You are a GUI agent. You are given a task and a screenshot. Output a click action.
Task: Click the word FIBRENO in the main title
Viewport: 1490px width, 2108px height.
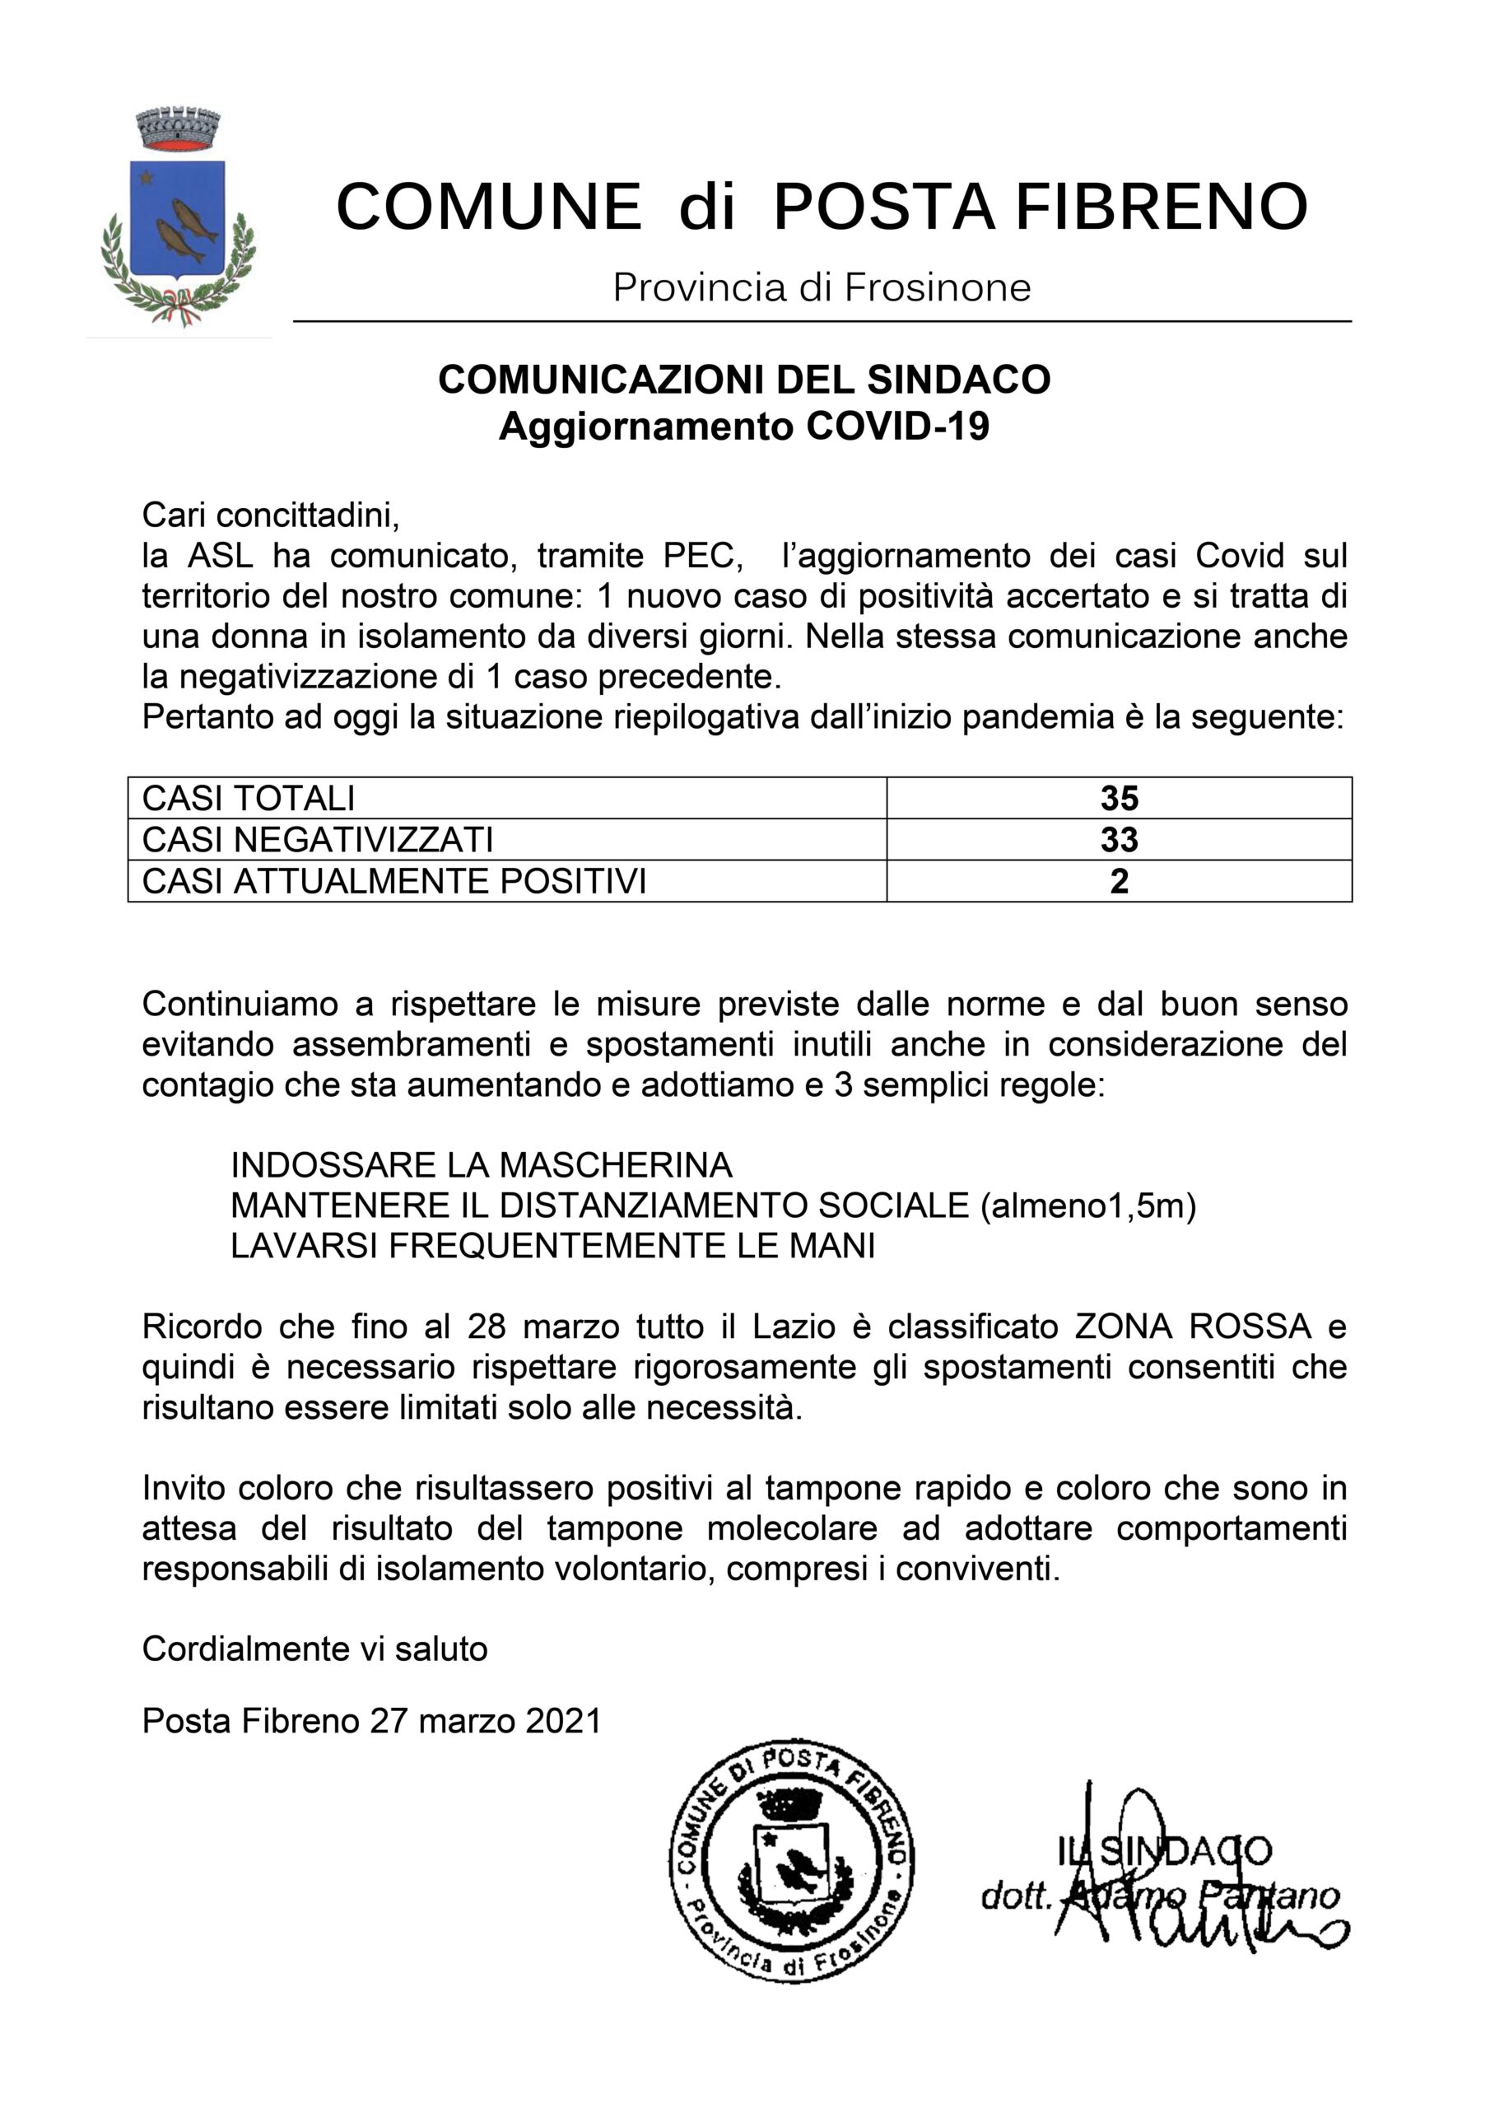1162,207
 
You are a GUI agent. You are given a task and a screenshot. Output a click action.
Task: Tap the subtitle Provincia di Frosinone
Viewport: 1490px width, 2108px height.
822,287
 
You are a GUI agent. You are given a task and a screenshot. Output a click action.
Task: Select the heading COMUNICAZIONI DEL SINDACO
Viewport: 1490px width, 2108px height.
743,379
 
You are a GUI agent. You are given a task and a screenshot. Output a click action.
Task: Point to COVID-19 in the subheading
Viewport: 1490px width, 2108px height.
897,427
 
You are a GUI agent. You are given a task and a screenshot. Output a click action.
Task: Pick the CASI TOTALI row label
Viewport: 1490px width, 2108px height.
248,798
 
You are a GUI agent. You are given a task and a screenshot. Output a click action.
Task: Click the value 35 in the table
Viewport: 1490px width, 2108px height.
1119,798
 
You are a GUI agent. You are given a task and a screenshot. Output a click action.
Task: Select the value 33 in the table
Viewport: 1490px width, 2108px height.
1119,839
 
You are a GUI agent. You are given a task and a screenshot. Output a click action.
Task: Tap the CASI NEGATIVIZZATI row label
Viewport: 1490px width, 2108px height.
318,839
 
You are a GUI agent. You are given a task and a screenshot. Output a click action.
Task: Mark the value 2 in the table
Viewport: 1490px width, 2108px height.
1119,880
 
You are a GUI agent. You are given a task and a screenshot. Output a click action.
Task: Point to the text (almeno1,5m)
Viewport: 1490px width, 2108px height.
1088,1205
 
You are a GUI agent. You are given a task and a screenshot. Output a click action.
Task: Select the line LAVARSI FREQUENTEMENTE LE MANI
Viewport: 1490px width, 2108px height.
552,1245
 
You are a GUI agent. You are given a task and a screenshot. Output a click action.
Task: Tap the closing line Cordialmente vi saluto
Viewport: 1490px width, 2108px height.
315,1649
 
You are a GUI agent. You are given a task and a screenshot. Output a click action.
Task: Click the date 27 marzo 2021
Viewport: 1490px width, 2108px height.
486,1719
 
